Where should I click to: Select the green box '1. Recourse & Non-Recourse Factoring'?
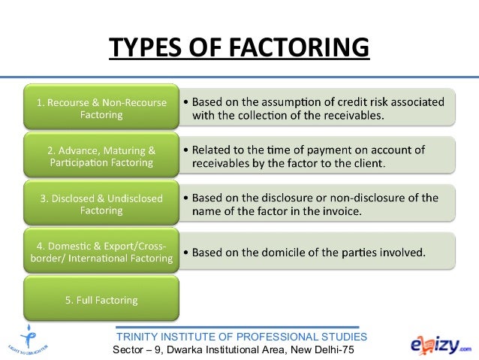point(98,107)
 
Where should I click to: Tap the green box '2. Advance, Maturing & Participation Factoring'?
point(98,156)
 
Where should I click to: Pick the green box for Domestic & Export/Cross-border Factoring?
point(98,253)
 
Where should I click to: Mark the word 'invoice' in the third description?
point(339,212)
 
